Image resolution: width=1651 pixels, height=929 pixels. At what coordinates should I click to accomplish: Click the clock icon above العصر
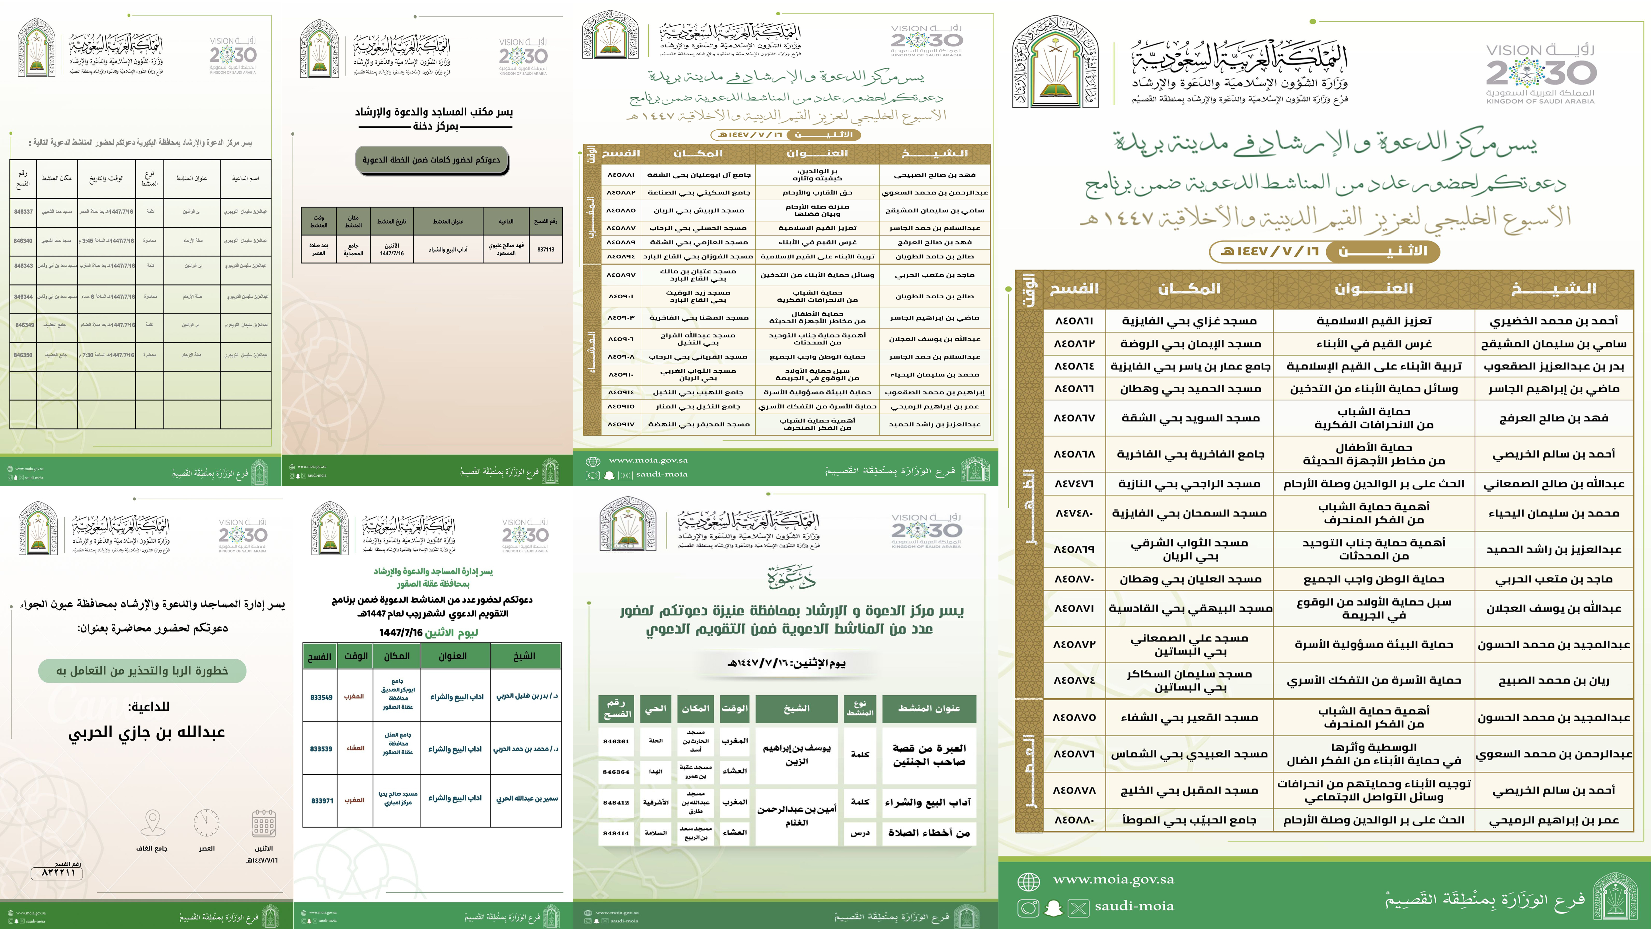[x=206, y=823]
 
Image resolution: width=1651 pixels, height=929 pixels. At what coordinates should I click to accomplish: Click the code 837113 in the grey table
[x=545, y=249]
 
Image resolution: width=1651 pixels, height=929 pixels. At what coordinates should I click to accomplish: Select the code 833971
[x=321, y=801]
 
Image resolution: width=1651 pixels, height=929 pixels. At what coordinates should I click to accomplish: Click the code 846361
[x=616, y=741]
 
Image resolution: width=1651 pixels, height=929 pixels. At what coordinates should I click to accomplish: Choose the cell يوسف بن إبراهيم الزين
[x=796, y=755]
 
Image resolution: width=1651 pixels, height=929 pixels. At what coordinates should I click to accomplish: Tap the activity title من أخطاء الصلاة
[x=929, y=833]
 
